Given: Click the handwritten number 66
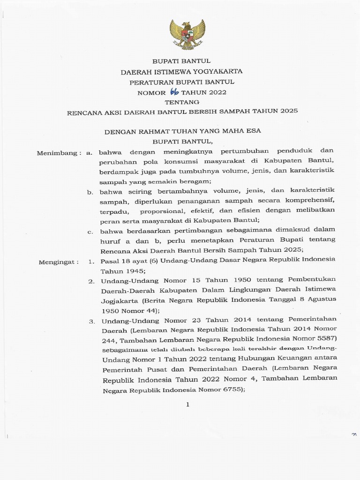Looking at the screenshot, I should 176,91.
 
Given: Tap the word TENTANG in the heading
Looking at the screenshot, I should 182,102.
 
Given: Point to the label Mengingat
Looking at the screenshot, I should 59,262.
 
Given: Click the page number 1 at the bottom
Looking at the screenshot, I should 187,405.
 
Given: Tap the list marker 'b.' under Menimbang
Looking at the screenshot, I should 90,192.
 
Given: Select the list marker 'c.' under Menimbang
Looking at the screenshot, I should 90,232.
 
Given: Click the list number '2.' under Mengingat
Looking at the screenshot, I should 92,281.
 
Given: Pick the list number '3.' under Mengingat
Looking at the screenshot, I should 92,321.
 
